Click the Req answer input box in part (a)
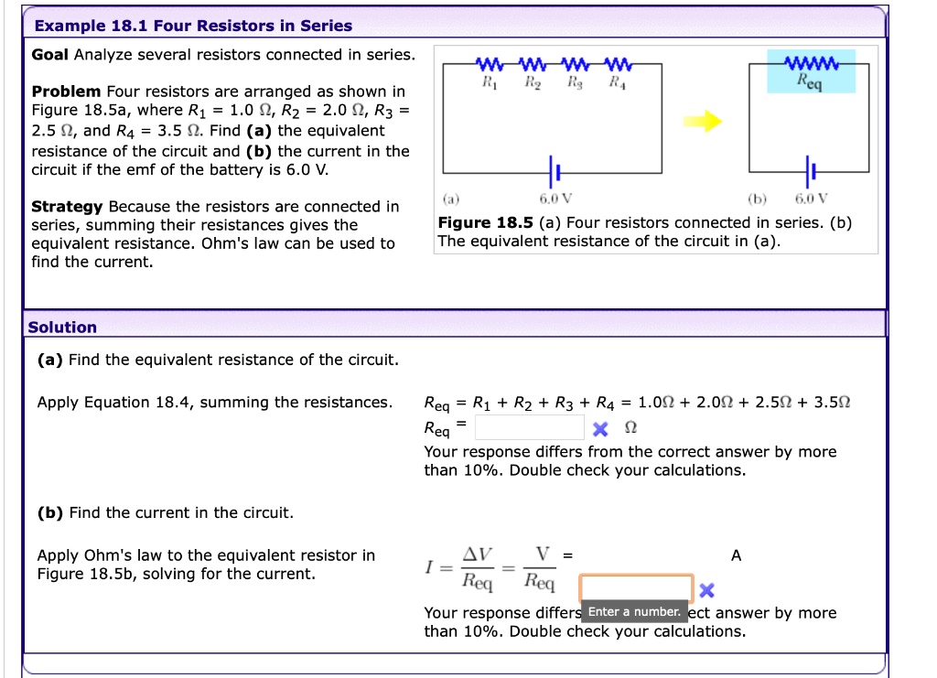(x=530, y=428)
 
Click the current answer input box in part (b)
(x=636, y=587)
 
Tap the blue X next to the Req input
(x=598, y=429)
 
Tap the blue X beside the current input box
(x=705, y=589)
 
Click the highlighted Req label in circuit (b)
(x=810, y=81)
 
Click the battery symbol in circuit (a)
(x=554, y=171)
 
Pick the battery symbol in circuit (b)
(x=810, y=171)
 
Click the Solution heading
(x=62, y=328)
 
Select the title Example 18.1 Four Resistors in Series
(x=192, y=26)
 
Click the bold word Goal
(x=50, y=55)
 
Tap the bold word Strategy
(x=68, y=207)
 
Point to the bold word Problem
(x=67, y=91)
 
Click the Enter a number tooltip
(x=634, y=611)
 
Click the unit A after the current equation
(x=737, y=555)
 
